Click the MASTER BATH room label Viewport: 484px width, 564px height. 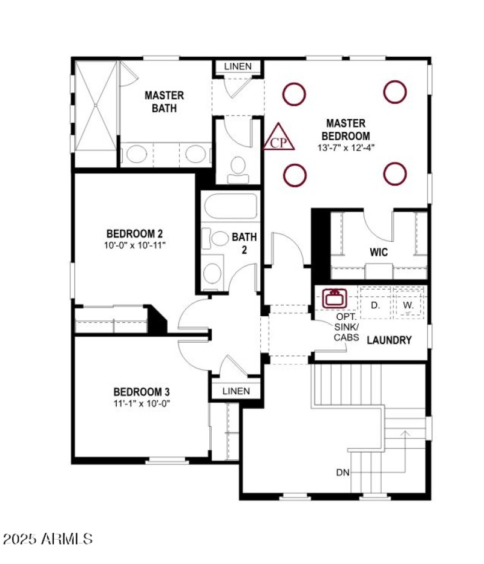click(164, 102)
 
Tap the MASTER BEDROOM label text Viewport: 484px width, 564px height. click(345, 129)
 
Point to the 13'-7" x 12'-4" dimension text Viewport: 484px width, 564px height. click(345, 147)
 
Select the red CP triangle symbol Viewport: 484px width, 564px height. click(279, 138)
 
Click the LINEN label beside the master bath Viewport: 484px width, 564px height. click(237, 66)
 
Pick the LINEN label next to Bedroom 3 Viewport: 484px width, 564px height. click(236, 391)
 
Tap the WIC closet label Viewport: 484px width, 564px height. click(379, 252)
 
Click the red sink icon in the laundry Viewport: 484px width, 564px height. click(333, 298)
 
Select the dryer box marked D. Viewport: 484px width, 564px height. click(375, 305)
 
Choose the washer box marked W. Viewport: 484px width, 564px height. click(408, 305)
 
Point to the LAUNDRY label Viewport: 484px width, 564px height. click(390, 340)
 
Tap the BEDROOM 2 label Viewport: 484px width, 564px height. click(134, 233)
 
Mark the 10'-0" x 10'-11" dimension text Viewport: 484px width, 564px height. click(134, 245)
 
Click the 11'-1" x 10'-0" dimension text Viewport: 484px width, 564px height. click(142, 404)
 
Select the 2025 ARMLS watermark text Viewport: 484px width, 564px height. click(48, 538)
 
